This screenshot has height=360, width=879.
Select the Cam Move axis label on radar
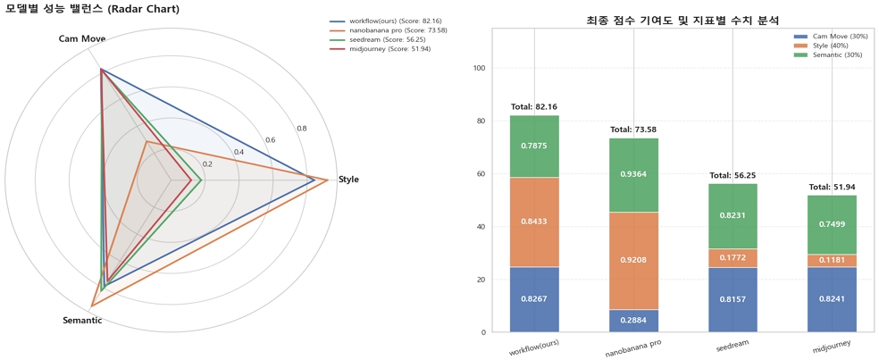(x=82, y=39)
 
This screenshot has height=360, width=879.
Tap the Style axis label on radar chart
(x=348, y=180)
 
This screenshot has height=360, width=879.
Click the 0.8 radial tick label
(x=302, y=129)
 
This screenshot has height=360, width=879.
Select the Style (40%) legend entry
(x=829, y=46)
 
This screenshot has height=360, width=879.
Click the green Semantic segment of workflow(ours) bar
(x=534, y=146)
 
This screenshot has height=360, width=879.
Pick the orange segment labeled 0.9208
(x=633, y=260)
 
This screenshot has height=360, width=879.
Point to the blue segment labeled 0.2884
(x=633, y=321)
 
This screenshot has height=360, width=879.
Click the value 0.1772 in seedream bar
(x=732, y=258)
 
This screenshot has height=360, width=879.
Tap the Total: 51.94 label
(x=832, y=188)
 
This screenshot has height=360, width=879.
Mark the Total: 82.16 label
(x=534, y=107)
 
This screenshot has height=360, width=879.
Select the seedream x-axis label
(x=732, y=345)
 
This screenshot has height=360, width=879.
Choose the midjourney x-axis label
(x=832, y=345)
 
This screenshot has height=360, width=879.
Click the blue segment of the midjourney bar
(x=832, y=299)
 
